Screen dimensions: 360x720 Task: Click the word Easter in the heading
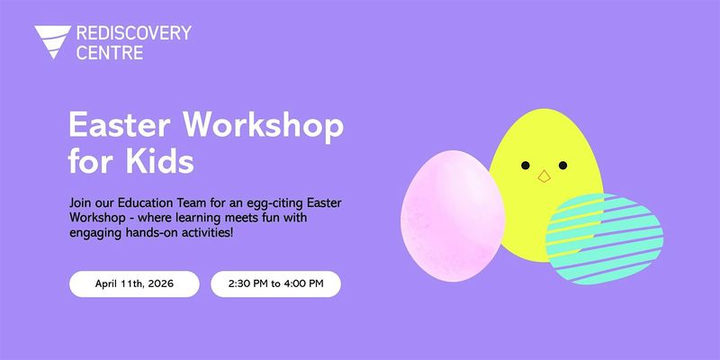point(110,127)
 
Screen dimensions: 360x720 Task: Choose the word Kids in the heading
point(162,164)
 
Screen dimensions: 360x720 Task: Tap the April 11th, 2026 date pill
point(134,284)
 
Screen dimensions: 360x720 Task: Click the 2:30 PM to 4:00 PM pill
point(275,284)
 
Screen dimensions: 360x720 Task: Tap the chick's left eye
point(524,166)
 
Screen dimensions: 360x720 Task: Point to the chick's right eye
point(563,166)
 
